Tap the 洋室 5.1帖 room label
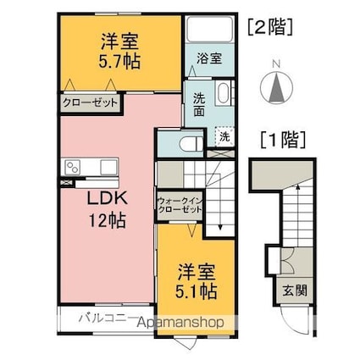(x=197, y=283)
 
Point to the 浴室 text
(x=209, y=59)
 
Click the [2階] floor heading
(x=269, y=26)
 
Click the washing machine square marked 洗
(x=224, y=136)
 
